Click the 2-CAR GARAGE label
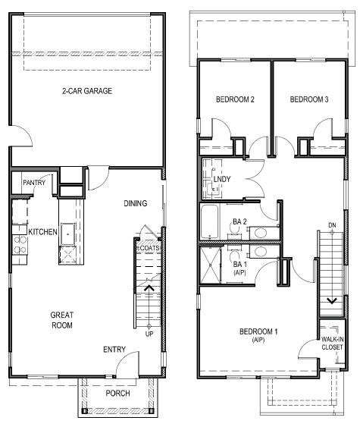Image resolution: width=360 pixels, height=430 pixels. [x=87, y=91]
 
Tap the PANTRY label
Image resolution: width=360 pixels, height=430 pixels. [x=34, y=183]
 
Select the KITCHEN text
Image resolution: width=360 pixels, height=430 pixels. [x=43, y=231]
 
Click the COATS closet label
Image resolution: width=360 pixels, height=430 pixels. [x=148, y=248]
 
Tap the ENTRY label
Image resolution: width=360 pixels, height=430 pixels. [x=114, y=350]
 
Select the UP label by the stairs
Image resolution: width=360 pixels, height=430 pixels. [x=149, y=334]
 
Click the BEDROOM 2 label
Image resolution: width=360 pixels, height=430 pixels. [x=235, y=99]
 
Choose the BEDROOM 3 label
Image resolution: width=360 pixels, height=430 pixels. [x=309, y=99]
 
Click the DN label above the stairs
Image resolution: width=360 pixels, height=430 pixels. [x=331, y=224]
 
